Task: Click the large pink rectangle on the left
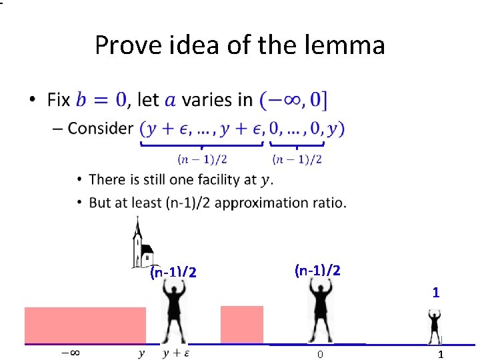tap(85, 325)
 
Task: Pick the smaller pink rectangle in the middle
tap(241, 325)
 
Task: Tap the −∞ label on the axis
tap(71, 353)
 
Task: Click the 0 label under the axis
tap(320, 354)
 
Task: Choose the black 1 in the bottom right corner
tap(440, 354)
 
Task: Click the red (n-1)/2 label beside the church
tap(173, 272)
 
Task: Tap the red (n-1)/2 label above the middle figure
tap(317, 270)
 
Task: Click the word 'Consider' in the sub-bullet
tap(101, 128)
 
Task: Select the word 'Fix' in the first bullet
tap(59, 100)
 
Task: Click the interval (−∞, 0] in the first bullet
tap(294, 100)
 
